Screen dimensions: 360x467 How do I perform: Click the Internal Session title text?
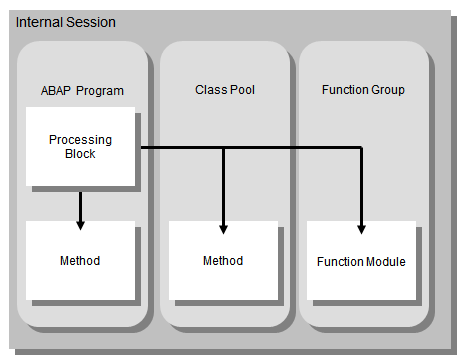[x=65, y=22]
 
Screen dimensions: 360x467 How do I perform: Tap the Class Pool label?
[x=225, y=90]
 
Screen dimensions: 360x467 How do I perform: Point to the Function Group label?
[x=363, y=90]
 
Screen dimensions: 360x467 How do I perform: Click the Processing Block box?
[x=80, y=146]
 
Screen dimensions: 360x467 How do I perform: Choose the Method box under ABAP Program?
[x=80, y=261]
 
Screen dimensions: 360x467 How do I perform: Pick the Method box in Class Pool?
[x=223, y=261]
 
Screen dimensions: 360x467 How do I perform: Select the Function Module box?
[x=361, y=262]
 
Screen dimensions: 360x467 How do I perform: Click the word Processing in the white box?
[x=80, y=139]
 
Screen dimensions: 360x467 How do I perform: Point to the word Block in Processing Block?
[x=80, y=154]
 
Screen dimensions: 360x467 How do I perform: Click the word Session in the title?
[x=91, y=22]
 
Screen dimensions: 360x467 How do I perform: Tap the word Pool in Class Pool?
[x=242, y=90]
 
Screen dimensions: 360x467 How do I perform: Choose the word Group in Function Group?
[x=387, y=90]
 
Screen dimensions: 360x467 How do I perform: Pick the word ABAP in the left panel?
[x=55, y=91]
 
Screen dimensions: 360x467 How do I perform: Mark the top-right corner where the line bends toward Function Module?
[x=362, y=150]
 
